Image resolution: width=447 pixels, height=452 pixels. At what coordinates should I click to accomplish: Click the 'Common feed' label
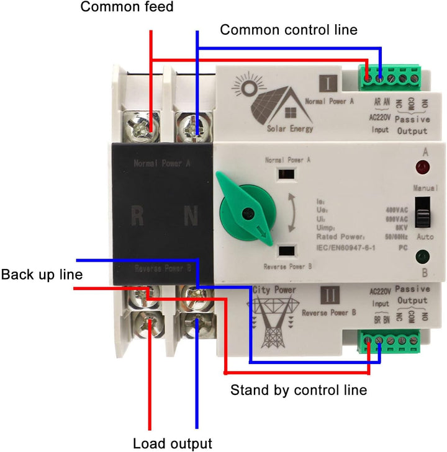127,7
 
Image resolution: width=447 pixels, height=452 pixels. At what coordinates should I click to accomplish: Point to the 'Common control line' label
289,29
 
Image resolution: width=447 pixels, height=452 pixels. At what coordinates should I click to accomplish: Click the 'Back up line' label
42,273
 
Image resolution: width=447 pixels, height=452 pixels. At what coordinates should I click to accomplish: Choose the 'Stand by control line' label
299,391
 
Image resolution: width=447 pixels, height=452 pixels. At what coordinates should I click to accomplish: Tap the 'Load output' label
173,443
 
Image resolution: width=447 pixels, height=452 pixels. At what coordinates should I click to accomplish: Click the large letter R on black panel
138,217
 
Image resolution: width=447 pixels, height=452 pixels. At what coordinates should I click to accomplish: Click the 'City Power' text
274,290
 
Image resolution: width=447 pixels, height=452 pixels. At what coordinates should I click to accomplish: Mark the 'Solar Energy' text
290,129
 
